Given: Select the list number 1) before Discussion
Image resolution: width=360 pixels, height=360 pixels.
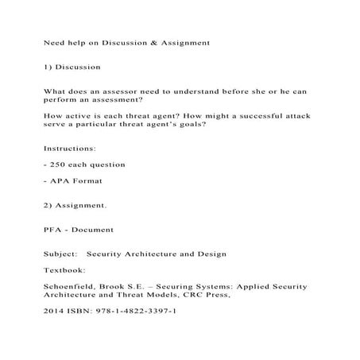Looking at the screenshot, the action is [48, 68].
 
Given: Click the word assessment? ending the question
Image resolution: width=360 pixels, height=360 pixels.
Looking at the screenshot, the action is [118, 102].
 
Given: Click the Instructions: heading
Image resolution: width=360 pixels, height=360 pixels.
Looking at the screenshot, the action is [70, 148].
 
